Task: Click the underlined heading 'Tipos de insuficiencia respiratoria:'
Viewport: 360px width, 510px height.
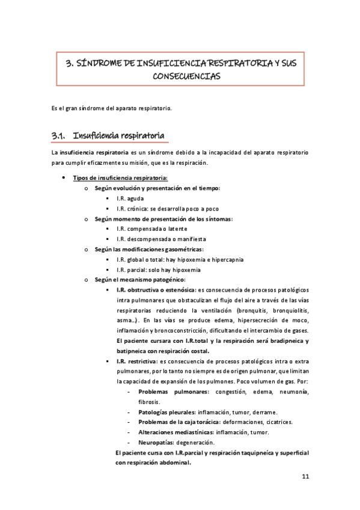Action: click(120, 177)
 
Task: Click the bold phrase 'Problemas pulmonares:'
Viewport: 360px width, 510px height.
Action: click(172, 392)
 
